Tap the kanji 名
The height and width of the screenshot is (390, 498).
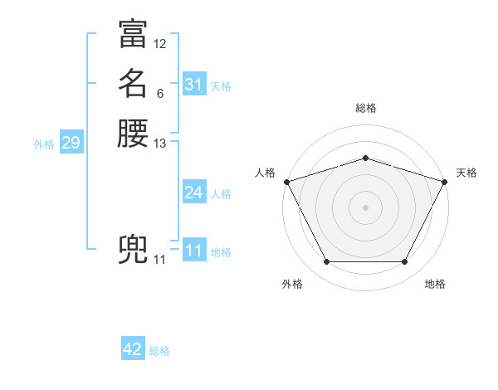point(133,84)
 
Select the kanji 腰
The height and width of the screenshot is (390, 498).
point(133,134)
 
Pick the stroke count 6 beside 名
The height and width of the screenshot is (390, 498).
point(159,94)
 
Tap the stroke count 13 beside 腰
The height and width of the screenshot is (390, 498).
point(160,144)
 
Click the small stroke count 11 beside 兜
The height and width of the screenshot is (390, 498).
point(159,260)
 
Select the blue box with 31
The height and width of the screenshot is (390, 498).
point(194,85)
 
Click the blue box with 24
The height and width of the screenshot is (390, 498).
point(194,193)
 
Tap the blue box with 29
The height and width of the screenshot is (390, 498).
point(71,143)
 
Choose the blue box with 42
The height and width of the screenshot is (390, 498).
point(133,349)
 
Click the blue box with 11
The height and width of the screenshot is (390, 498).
point(194,251)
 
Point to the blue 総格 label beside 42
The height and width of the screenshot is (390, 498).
point(159,351)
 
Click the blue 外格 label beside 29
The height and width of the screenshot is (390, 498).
point(44,144)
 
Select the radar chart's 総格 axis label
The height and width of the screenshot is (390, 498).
point(365,108)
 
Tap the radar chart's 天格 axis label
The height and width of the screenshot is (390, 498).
point(466,173)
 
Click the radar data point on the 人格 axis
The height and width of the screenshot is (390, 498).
point(286,182)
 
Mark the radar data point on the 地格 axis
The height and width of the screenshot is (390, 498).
point(404,262)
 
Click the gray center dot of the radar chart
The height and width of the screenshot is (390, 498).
point(365,207)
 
